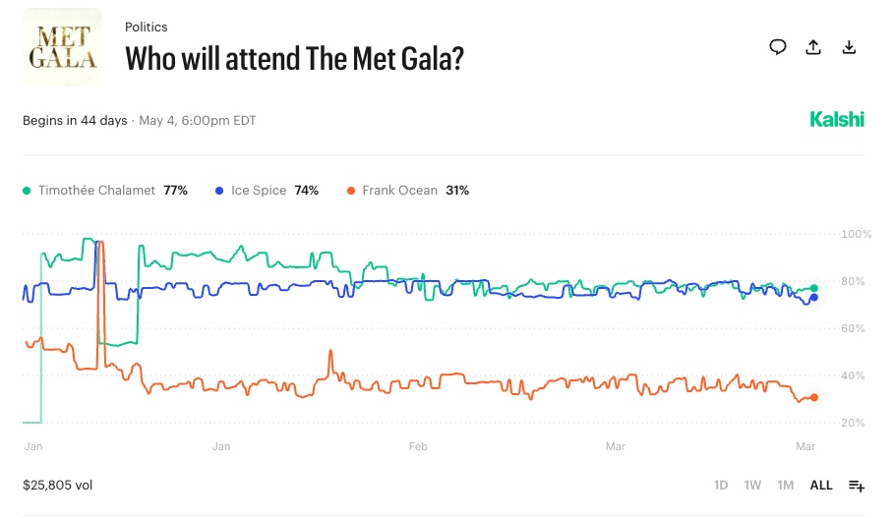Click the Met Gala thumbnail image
61,47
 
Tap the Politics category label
147,28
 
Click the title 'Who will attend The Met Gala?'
294,58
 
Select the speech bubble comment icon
778,47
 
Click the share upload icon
813,47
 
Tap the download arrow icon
849,47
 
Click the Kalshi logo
837,120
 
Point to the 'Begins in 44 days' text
75,121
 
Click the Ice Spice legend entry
267,190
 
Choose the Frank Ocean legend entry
407,190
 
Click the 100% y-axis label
857,235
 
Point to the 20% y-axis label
854,424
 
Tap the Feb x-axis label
418,446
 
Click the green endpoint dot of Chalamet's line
813,288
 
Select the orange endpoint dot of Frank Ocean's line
813,397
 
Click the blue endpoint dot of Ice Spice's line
813,297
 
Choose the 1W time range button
752,486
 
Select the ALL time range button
820,486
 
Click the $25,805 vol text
58,485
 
